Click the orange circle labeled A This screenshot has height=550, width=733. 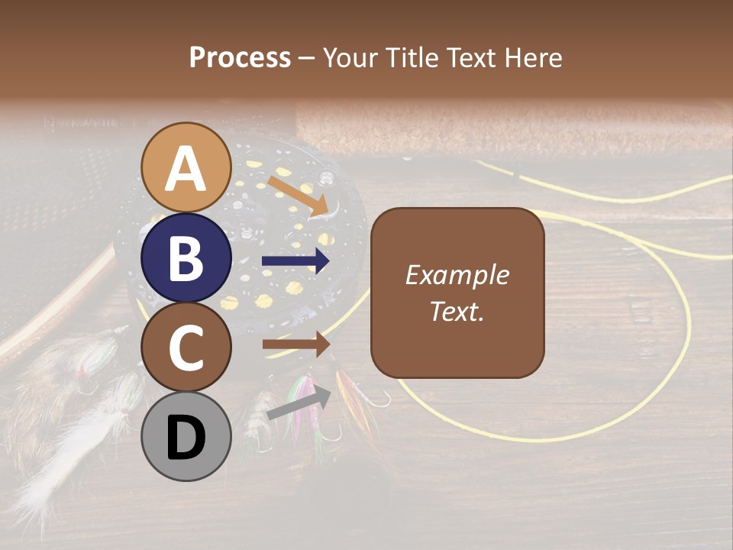click(186, 168)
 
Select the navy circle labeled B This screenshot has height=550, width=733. click(186, 258)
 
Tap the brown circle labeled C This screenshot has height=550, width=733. click(186, 348)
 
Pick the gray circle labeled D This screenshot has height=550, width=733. click(186, 436)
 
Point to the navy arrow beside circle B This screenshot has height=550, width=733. click(296, 261)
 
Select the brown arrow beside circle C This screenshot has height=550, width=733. click(296, 345)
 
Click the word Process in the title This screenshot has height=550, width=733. click(240, 57)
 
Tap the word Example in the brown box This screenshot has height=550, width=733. click(457, 276)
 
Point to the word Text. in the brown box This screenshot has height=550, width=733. click(457, 311)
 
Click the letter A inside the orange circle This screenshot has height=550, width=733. click(186, 169)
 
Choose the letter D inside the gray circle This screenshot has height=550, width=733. click(186, 438)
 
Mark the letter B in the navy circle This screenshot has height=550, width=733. click(186, 259)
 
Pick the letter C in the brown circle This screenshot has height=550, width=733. click(186, 348)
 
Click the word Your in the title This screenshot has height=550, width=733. click(351, 57)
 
